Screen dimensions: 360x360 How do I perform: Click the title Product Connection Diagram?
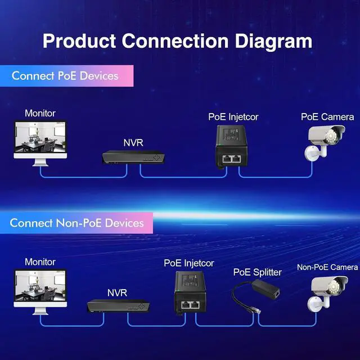tap(177, 40)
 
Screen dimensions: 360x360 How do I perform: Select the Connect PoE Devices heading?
tap(65, 75)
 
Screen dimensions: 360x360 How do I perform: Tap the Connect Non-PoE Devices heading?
tap(76, 223)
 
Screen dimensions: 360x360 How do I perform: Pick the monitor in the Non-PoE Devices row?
tap(40, 290)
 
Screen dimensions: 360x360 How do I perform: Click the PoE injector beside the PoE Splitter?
tap(191, 293)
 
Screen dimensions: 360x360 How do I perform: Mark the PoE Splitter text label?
tap(258, 272)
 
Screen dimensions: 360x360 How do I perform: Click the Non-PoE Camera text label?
tap(327, 267)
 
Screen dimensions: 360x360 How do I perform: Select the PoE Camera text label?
tap(327, 117)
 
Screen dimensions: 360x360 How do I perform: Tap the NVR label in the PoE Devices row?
tap(133, 142)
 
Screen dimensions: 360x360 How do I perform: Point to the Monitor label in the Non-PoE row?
tap(40, 262)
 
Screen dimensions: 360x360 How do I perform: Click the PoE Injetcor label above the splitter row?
tap(189, 263)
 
